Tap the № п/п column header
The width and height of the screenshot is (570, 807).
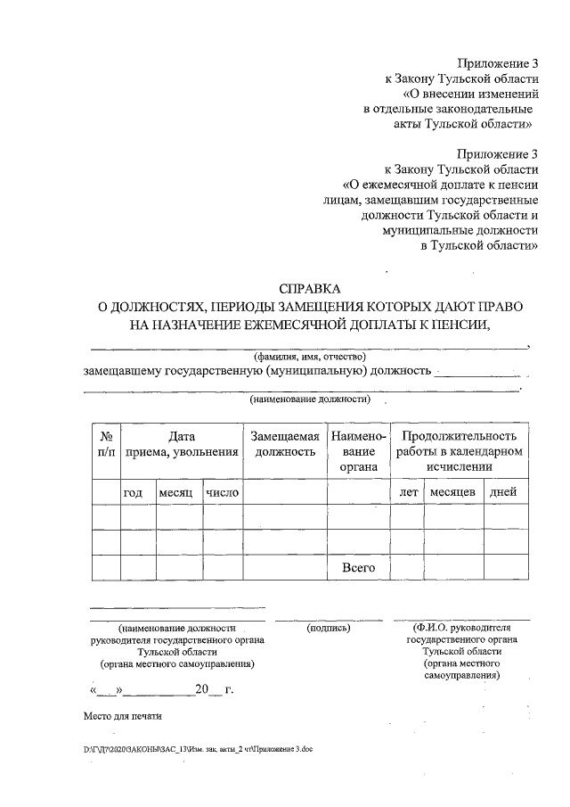[x=106, y=444]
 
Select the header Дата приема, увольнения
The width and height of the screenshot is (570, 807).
[x=182, y=444]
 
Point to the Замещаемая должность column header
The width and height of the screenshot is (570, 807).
[x=285, y=444]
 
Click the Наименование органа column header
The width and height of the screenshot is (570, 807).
[x=358, y=451]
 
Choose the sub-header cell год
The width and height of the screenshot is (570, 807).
[x=133, y=492]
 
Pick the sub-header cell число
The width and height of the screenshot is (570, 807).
[x=222, y=492]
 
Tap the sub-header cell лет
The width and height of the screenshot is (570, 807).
[x=409, y=492]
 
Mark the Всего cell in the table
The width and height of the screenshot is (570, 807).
[x=358, y=567]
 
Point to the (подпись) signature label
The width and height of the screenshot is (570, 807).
[x=329, y=628]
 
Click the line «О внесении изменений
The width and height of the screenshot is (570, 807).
[x=471, y=94]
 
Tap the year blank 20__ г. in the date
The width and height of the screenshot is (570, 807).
[x=214, y=690]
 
